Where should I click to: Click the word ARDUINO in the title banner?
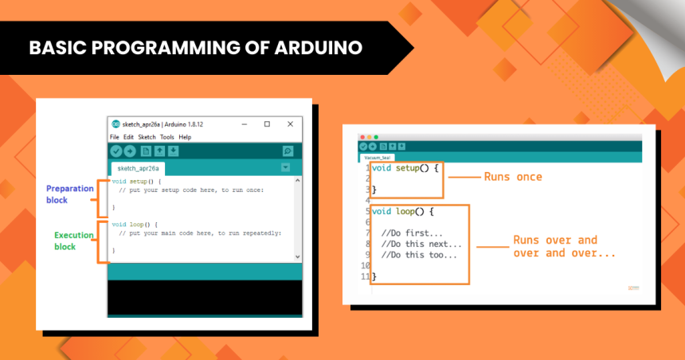(x=319, y=48)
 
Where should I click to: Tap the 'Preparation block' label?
(x=70, y=194)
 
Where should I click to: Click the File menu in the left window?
(x=115, y=137)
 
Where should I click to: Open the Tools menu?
(x=166, y=137)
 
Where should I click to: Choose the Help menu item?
(x=185, y=137)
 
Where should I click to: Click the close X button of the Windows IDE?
(x=291, y=123)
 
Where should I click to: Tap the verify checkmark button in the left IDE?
(x=116, y=151)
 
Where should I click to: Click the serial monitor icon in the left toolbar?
(x=288, y=151)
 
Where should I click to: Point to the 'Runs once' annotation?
(x=513, y=176)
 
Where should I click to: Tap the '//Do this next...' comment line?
(x=421, y=244)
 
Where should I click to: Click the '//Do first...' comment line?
(x=413, y=233)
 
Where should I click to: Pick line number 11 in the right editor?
(x=366, y=276)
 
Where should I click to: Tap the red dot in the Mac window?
(x=362, y=137)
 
